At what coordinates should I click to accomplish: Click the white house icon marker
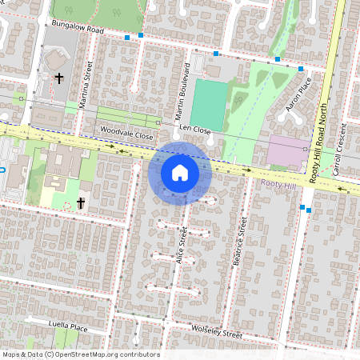[x=180, y=173]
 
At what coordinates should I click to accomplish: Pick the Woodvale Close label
[x=126, y=136]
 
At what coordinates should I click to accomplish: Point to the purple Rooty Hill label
[x=279, y=184]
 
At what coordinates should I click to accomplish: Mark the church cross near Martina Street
[x=58, y=78]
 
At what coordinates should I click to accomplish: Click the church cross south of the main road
[x=80, y=203]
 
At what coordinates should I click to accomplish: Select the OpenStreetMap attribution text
[x=80, y=354]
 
